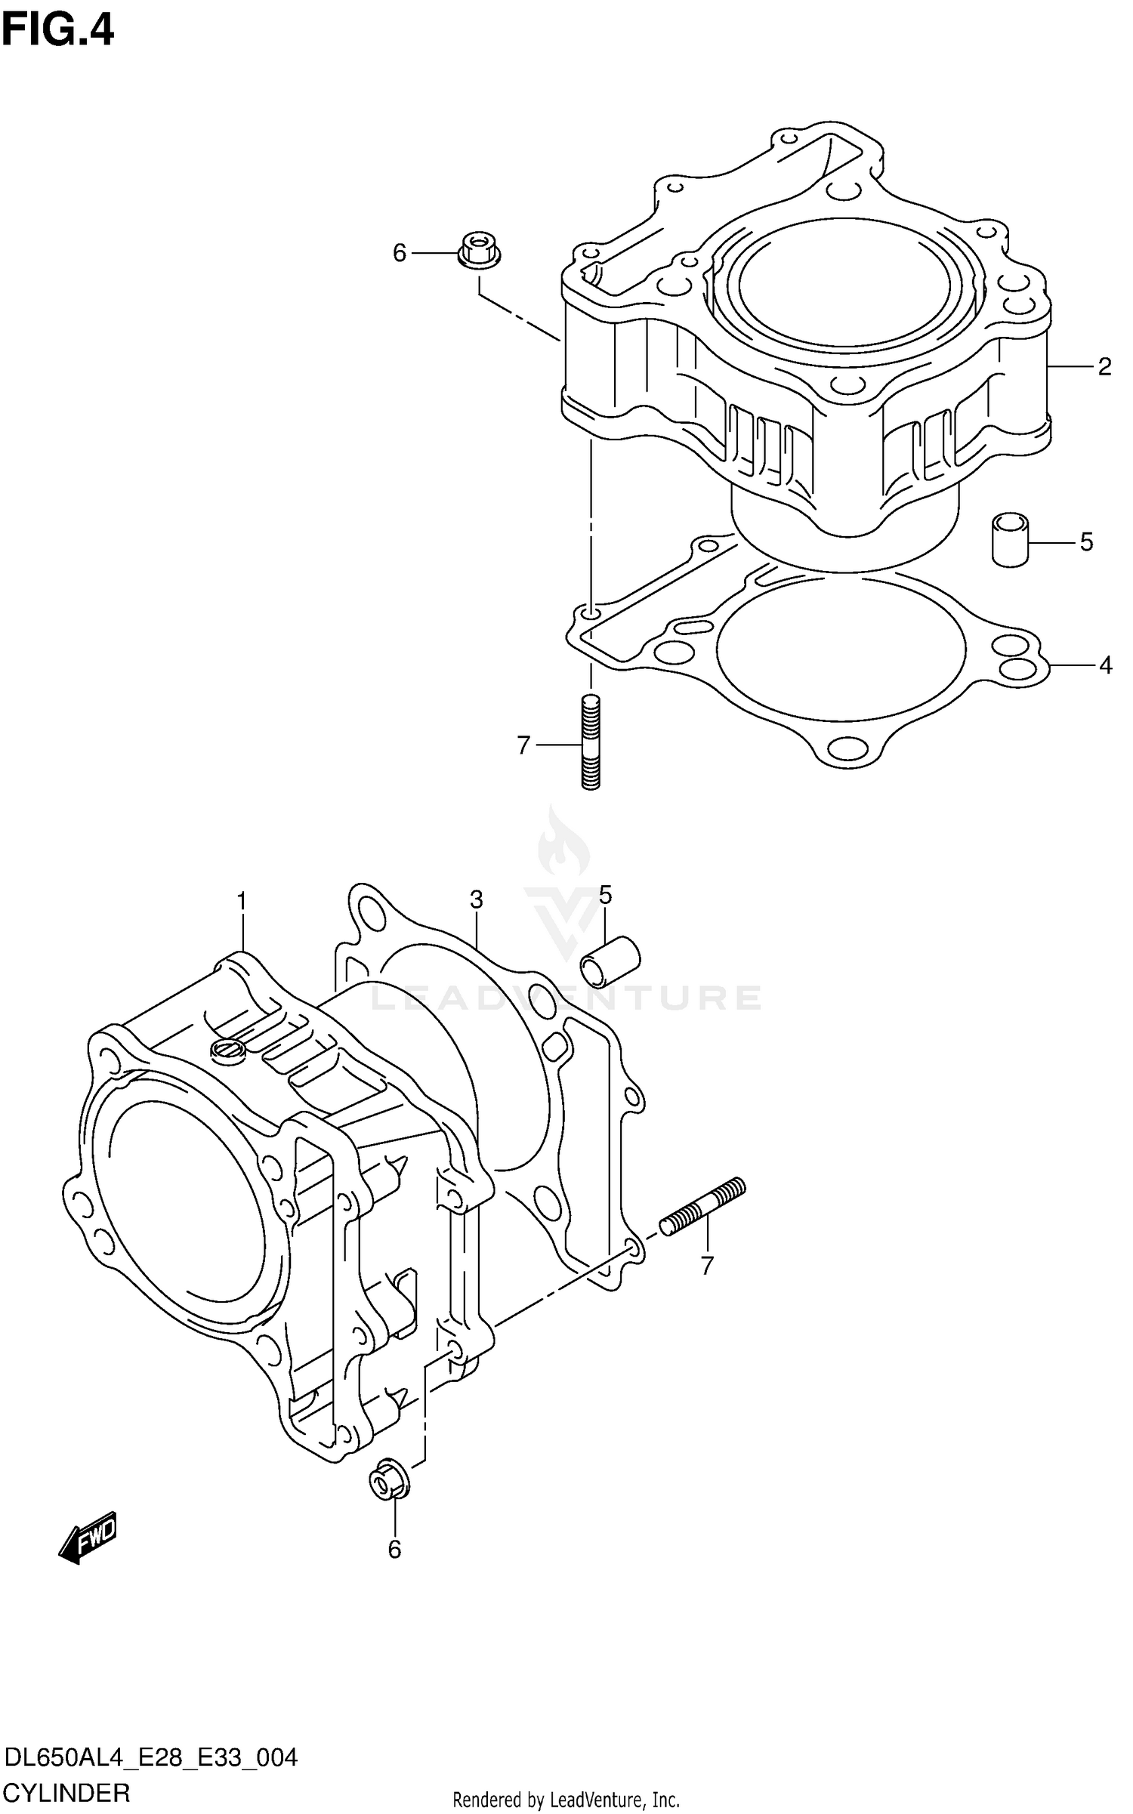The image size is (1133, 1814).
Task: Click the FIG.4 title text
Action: point(57,32)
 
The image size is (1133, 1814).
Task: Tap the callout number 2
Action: point(1104,368)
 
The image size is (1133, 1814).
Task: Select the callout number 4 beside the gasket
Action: point(1105,665)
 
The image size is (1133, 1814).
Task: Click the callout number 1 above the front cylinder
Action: point(242,901)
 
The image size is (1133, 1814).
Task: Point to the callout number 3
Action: point(476,899)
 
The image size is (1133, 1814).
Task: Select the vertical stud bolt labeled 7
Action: point(591,742)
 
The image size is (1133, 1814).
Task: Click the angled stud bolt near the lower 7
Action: point(702,1207)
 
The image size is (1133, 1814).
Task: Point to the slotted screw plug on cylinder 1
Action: point(228,1050)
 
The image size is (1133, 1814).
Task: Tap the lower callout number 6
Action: point(394,1550)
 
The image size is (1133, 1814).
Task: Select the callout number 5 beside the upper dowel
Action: point(1086,541)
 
